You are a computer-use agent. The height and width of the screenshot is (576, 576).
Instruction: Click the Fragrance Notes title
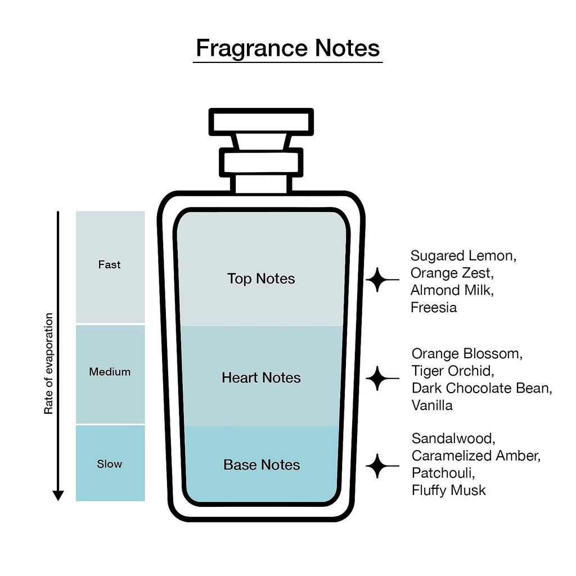287,48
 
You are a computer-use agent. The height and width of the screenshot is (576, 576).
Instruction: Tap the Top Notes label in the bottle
261,278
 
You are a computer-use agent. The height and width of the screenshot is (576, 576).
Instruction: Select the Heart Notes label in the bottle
261,377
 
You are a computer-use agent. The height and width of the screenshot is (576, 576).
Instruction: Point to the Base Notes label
262,465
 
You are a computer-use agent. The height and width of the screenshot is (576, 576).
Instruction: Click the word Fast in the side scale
109,264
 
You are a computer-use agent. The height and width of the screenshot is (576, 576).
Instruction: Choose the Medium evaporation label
110,372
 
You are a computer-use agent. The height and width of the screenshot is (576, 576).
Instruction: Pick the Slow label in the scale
110,464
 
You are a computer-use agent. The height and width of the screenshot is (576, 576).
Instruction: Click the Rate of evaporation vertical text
49,364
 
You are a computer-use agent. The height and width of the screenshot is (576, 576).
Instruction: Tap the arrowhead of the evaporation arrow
58,495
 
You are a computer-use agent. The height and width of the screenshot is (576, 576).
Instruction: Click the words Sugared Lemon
463,256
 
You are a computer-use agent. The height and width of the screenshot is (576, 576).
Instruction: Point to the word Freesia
433,308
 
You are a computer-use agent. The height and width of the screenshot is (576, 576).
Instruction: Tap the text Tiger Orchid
452,371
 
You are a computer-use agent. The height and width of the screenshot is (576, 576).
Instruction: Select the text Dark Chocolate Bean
481,388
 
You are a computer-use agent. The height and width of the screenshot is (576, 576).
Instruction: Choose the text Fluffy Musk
448,490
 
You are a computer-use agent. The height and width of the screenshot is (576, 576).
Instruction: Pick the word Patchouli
443,472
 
